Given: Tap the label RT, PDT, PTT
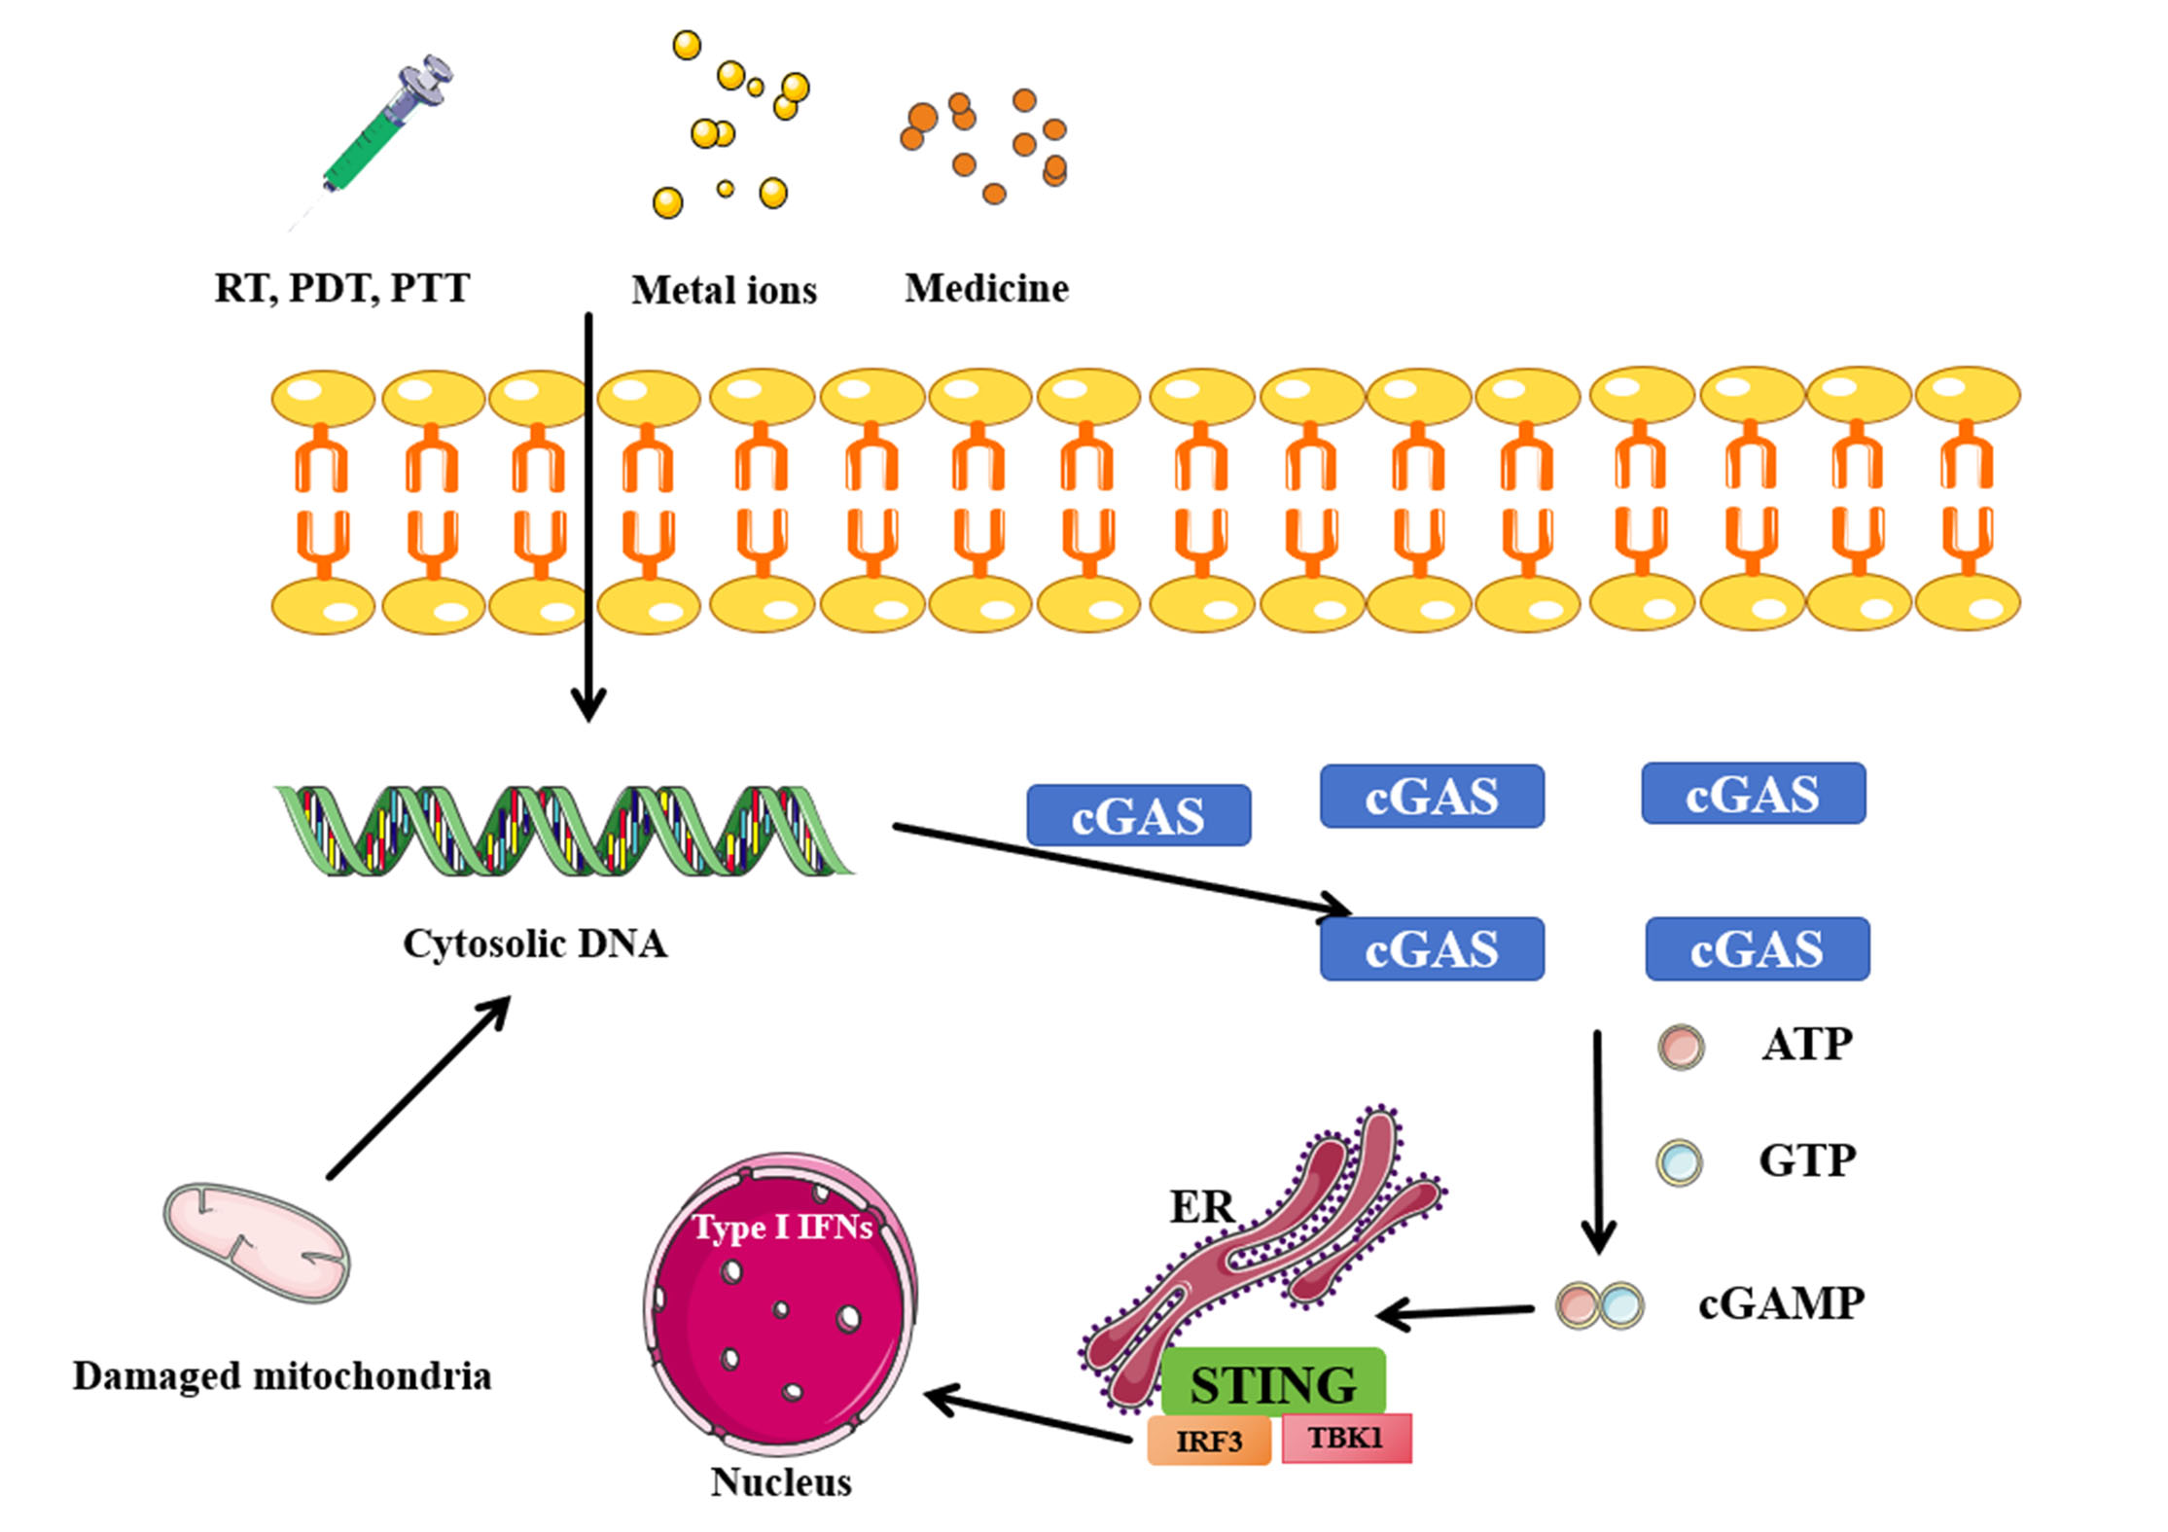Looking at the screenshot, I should point(341,288).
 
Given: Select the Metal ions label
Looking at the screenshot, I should point(724,290).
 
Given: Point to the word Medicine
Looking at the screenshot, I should point(986,288).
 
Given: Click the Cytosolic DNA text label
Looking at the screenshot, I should point(535,944).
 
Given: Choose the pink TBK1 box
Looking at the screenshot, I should point(1346,1438).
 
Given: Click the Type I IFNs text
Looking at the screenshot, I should point(782,1228).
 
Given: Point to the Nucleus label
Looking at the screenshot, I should point(781,1481).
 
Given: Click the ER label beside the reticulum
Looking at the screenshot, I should point(1202,1207).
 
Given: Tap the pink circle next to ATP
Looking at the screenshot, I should point(1681,1047).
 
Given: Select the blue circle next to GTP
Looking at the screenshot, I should point(1679,1161).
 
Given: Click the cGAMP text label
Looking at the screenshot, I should point(1781,1303).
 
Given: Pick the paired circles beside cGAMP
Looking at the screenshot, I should point(1600,1305).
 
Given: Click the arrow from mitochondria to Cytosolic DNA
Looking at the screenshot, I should point(419,1087).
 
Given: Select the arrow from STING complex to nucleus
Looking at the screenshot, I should point(1026,1417).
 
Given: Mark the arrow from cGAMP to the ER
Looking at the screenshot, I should point(1455,1314).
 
